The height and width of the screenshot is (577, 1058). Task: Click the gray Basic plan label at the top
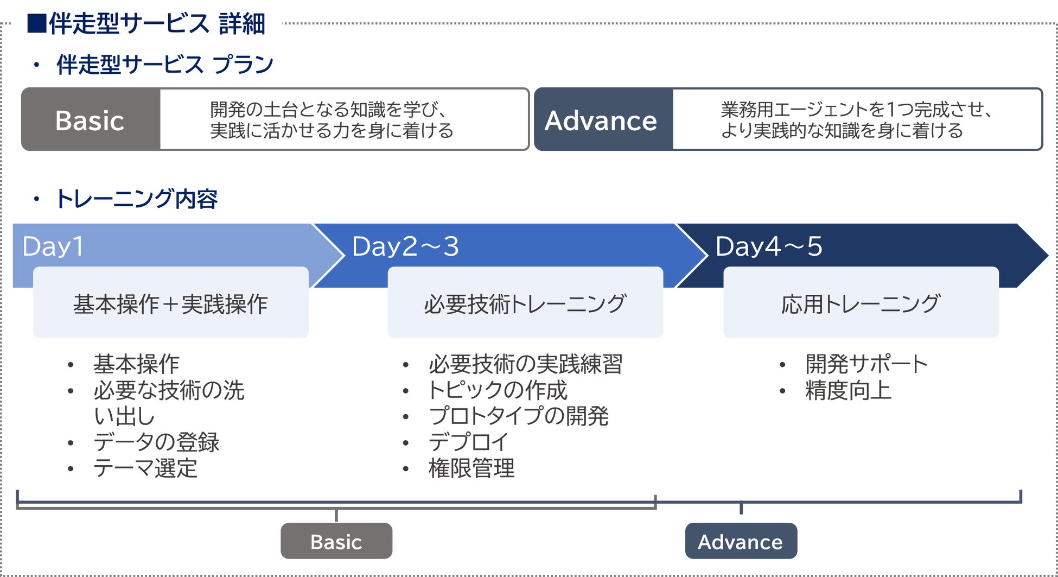[x=91, y=119]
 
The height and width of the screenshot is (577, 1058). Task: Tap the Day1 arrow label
[x=53, y=246]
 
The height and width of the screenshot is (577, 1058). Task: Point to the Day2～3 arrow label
[x=405, y=246]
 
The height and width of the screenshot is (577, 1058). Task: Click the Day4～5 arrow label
[x=769, y=246]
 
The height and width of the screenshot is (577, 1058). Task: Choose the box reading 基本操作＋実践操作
[x=171, y=302]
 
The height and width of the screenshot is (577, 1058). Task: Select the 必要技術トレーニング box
[x=525, y=302]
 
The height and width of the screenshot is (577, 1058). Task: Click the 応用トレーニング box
[x=861, y=302]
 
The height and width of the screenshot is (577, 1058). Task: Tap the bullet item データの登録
[x=156, y=442]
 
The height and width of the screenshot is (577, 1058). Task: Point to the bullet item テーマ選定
[x=145, y=468]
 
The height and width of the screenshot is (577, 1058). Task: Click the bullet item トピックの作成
[x=498, y=390]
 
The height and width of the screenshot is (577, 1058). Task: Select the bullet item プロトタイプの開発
[x=519, y=416]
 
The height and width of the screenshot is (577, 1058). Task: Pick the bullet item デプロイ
[x=468, y=442]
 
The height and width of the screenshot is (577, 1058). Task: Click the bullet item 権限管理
[x=471, y=468]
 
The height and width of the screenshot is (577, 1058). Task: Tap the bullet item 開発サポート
[x=866, y=364]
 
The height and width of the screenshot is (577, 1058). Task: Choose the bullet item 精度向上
[x=849, y=390]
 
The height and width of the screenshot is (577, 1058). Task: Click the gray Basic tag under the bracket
[x=336, y=541]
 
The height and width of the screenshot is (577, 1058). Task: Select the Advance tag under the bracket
[x=741, y=541]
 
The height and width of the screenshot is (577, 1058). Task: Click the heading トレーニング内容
[x=137, y=199]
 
